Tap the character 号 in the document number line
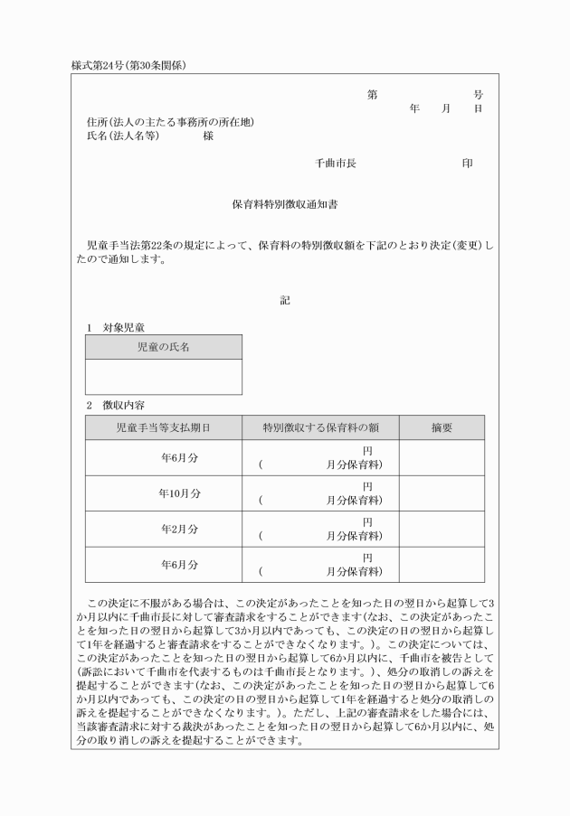click(x=478, y=94)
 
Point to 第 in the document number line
click(x=372, y=94)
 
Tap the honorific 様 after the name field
click(x=208, y=136)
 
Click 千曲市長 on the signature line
click(x=335, y=164)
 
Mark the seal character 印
click(x=467, y=164)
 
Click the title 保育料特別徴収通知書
click(x=285, y=205)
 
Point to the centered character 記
click(x=285, y=300)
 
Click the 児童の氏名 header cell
click(x=164, y=347)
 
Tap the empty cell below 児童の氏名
click(x=164, y=377)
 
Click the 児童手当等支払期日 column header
click(x=164, y=427)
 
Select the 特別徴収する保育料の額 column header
click(x=320, y=427)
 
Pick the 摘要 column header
click(x=442, y=427)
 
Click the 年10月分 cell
click(x=179, y=493)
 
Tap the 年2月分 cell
click(x=179, y=529)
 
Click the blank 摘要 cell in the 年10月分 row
click(x=442, y=493)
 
